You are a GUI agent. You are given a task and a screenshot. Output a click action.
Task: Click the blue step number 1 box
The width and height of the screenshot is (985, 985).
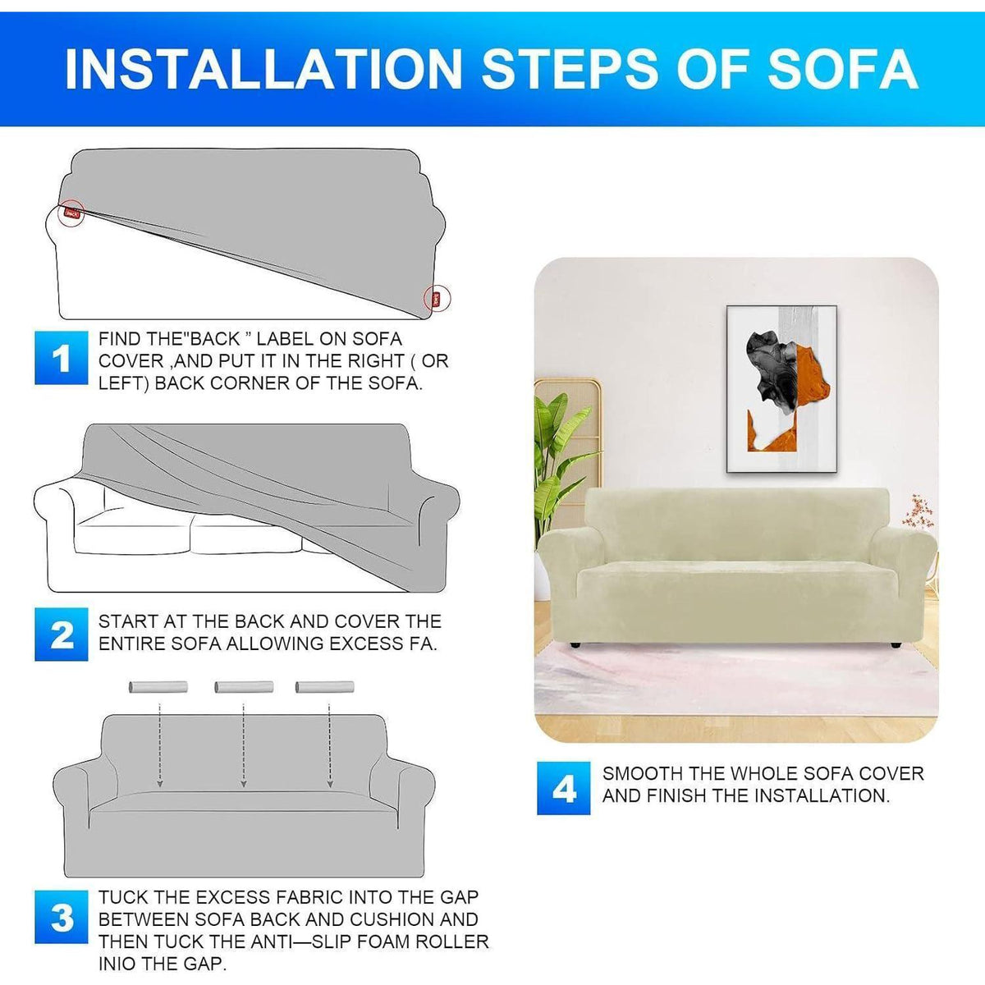[x=61, y=357]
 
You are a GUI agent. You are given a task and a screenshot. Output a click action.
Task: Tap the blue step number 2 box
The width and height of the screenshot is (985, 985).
[x=61, y=634]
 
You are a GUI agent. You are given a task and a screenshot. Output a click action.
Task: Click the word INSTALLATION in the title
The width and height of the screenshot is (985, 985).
[x=264, y=69]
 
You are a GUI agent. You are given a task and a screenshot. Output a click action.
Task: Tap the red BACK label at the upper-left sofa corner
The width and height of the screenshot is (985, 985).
[x=72, y=213]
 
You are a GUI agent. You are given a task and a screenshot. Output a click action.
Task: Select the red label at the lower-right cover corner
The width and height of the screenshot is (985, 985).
[x=437, y=297]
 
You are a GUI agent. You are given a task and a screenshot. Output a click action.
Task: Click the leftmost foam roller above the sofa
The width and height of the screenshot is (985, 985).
[x=158, y=687]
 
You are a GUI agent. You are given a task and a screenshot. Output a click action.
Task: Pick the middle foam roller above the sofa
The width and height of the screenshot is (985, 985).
[x=244, y=687]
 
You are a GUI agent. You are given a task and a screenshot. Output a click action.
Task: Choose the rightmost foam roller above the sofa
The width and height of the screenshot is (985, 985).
[x=324, y=687]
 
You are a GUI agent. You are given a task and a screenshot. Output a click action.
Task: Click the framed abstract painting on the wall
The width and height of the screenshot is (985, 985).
[x=781, y=389]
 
